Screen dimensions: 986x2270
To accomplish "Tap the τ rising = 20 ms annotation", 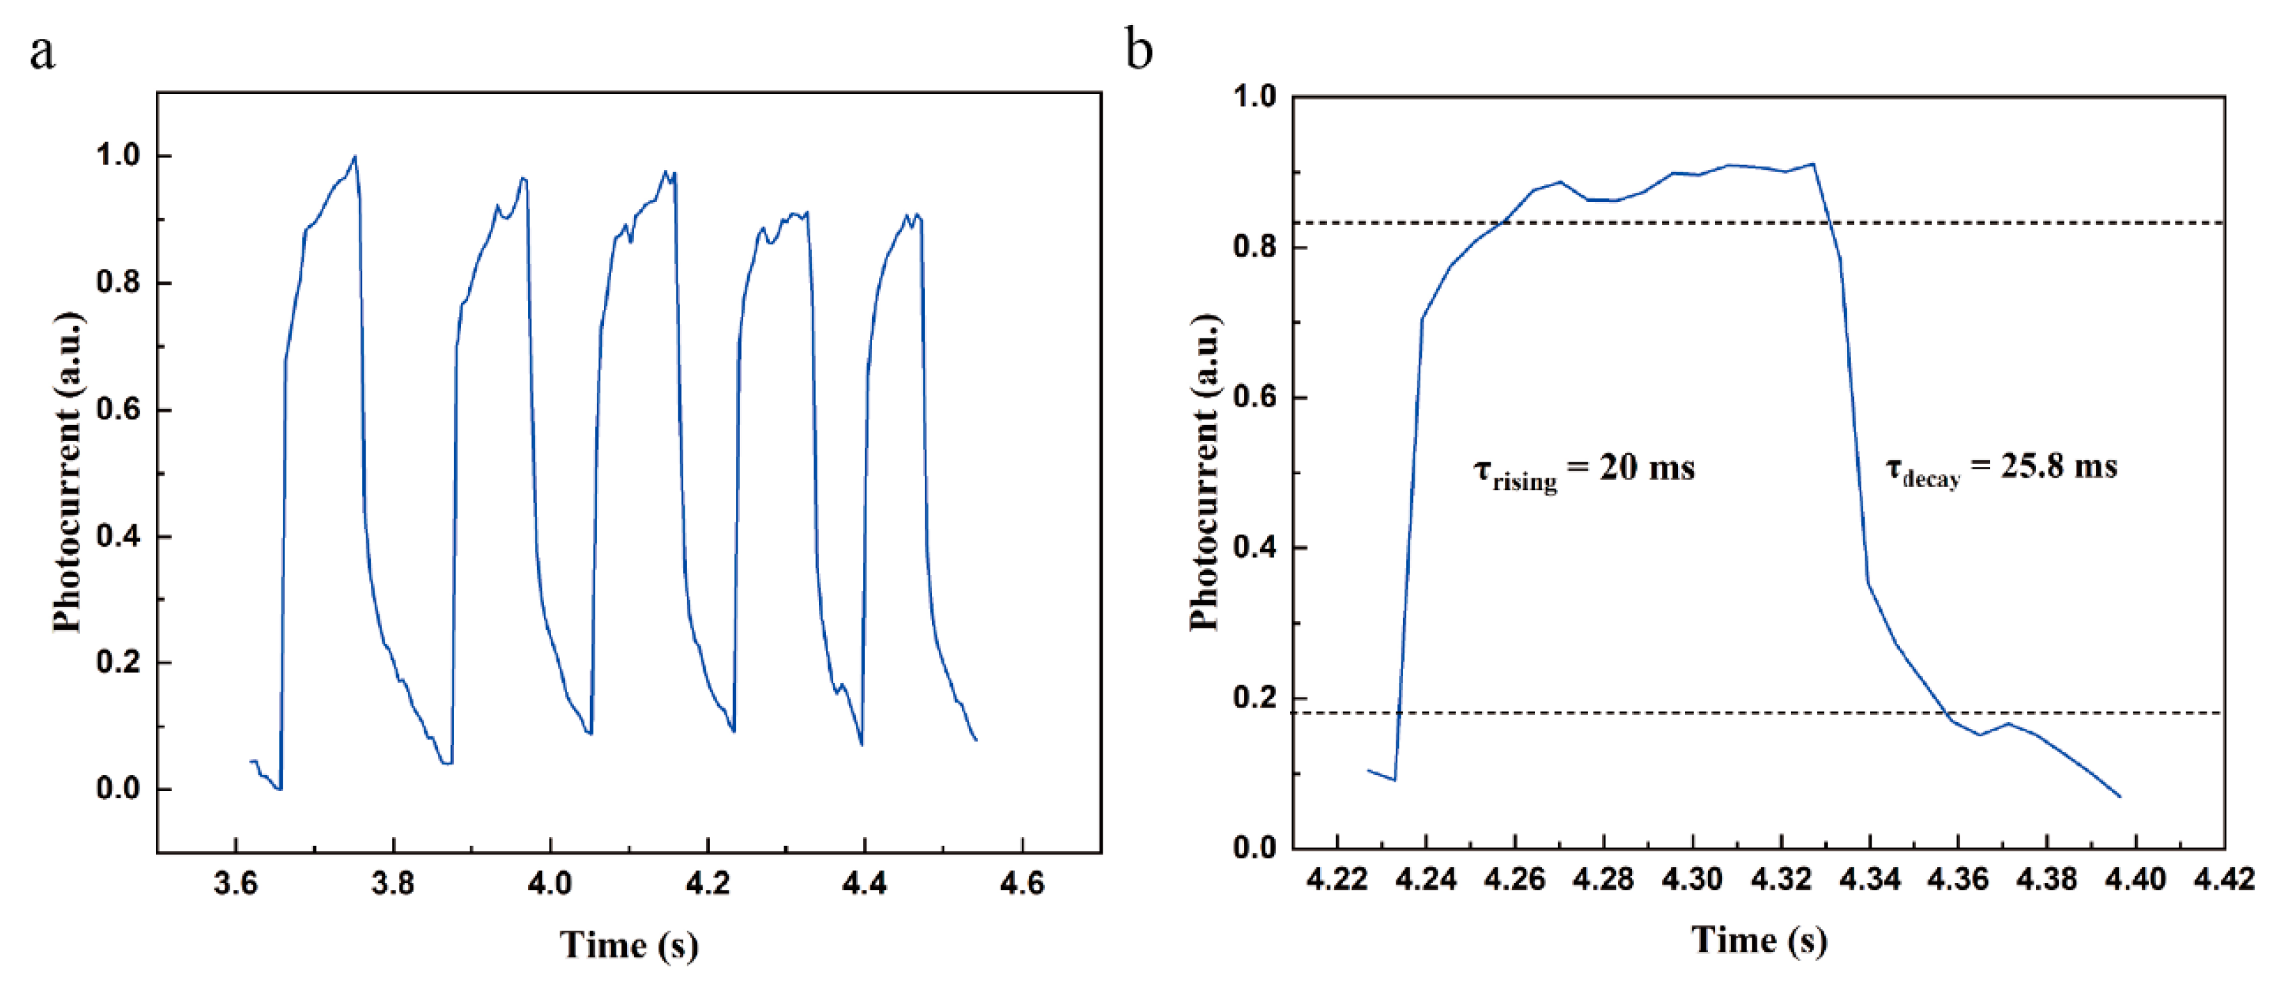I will click(x=1583, y=469).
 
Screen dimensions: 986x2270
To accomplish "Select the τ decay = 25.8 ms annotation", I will click(x=2000, y=468).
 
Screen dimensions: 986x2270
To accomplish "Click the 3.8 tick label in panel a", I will click(x=392, y=883).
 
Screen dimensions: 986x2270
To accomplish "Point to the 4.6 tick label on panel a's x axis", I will click(x=1021, y=883).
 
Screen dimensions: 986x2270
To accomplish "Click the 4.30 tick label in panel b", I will click(x=1692, y=879).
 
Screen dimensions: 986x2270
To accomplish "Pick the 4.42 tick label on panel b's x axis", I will click(x=2224, y=879).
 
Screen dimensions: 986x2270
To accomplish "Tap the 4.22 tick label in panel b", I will click(x=1337, y=879).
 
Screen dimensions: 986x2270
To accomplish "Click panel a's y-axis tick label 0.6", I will click(x=118, y=411).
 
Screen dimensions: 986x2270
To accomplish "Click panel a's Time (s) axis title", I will click(x=629, y=946).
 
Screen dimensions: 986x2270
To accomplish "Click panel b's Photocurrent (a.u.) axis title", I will click(x=1204, y=472).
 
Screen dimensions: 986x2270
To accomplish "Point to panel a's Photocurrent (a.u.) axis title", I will click(x=67, y=472).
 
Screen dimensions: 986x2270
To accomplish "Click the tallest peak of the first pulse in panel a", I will click(x=355, y=158).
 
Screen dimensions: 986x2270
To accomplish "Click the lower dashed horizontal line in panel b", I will click(x=1762, y=712).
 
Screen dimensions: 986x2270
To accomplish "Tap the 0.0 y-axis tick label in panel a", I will click(x=118, y=789).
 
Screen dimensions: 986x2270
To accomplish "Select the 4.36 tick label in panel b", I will click(x=1958, y=879).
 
